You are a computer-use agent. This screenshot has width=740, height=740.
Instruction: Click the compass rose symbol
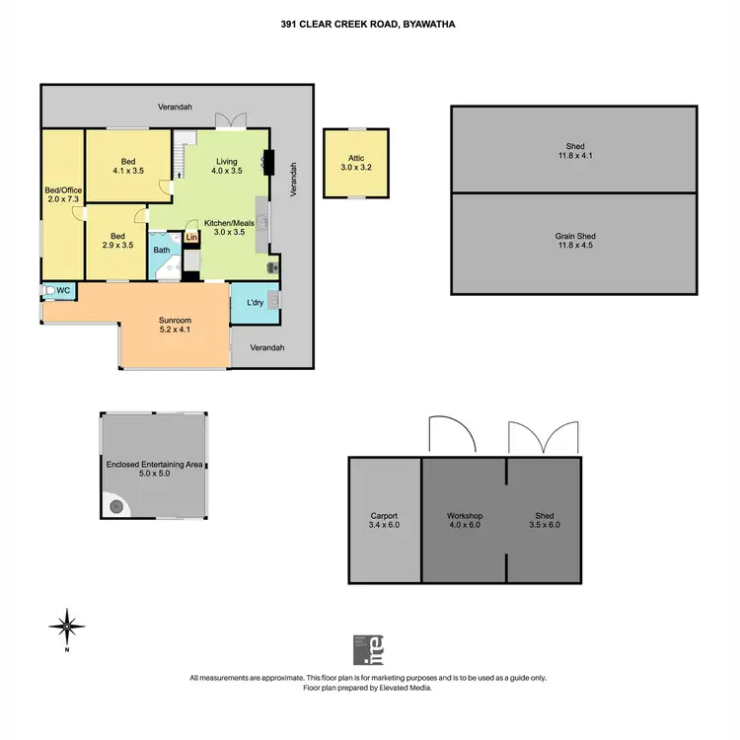pos(66,626)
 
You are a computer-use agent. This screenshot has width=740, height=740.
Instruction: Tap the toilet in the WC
pos(48,291)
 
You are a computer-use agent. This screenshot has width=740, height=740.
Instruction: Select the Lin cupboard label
pos(191,238)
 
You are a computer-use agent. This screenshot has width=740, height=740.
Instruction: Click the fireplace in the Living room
pos(266,161)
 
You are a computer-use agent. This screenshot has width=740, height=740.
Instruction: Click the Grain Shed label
pos(574,237)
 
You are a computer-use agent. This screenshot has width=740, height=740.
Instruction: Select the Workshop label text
pos(463,516)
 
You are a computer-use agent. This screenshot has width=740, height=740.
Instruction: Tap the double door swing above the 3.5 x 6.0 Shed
pos(543,437)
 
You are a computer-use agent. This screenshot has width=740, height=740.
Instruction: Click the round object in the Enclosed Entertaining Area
pos(117,506)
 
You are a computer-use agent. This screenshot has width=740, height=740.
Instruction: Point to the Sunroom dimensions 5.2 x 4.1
pos(174,330)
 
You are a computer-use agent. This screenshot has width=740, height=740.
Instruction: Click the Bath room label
pos(162,251)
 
